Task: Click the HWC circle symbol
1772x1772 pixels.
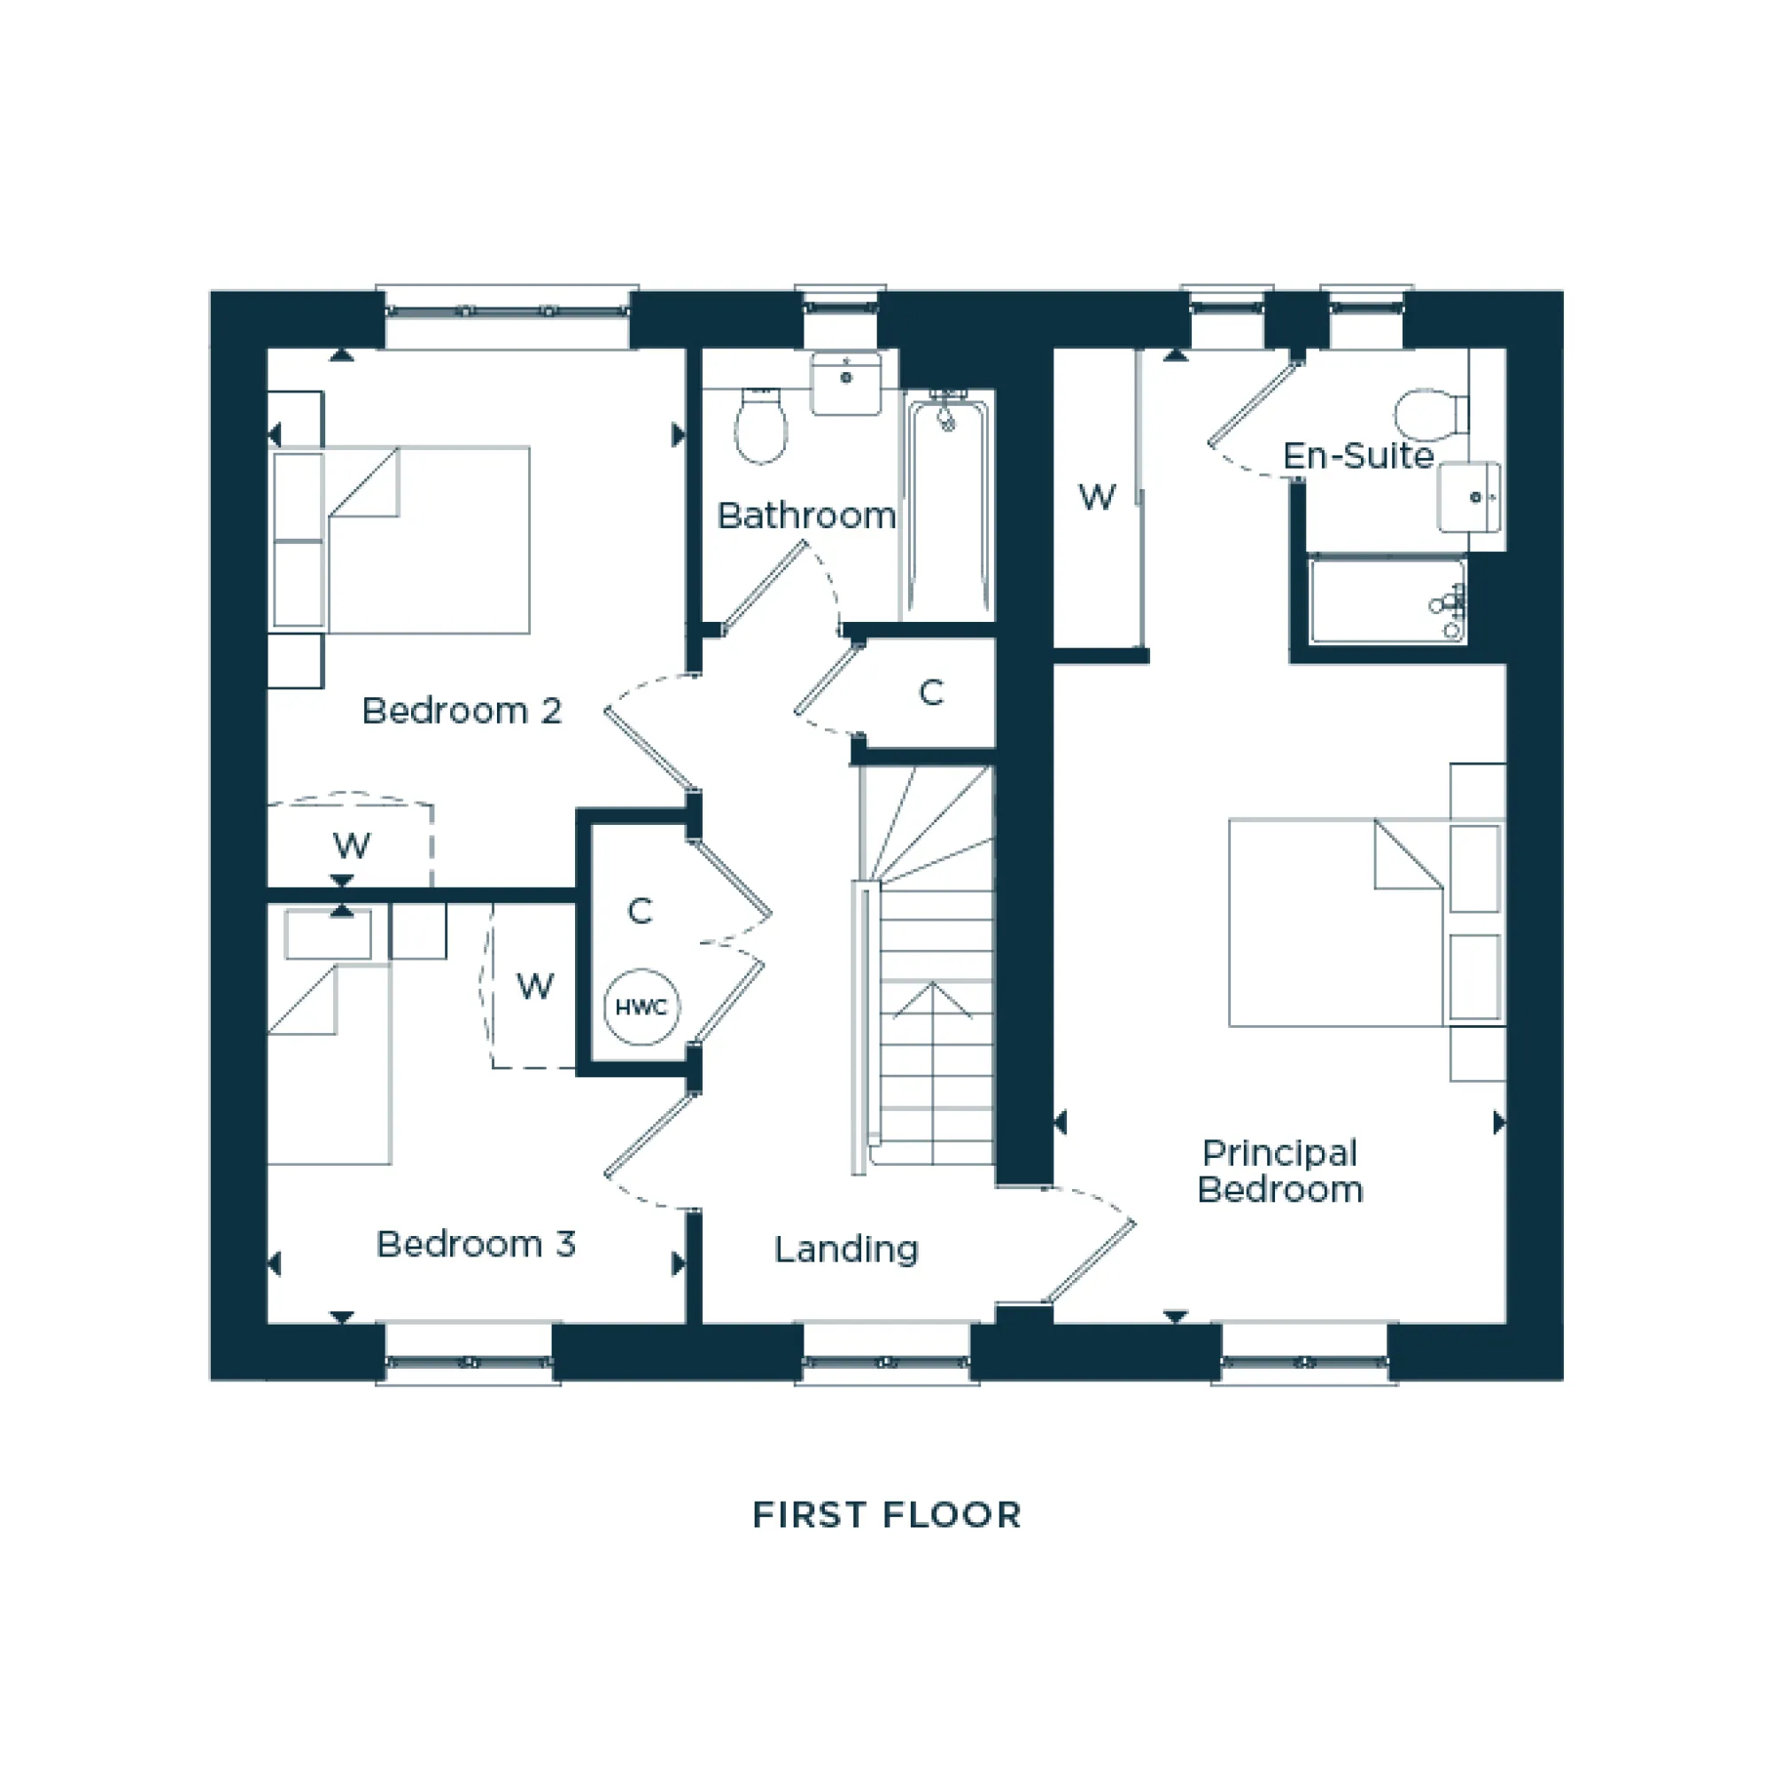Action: tap(641, 1007)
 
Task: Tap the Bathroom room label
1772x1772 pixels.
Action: tap(805, 516)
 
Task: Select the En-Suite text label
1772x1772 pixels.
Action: tap(1357, 455)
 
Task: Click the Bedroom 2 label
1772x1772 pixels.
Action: tap(462, 711)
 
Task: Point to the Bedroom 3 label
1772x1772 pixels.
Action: tap(475, 1245)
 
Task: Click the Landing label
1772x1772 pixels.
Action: tap(845, 1249)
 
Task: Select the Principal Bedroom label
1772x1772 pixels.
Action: tap(1279, 1171)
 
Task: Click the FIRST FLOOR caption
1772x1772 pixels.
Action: tap(886, 1515)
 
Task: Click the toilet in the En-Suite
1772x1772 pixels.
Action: tap(1429, 415)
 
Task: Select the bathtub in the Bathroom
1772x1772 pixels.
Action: tap(948, 509)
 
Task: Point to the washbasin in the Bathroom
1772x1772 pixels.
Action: tap(845, 383)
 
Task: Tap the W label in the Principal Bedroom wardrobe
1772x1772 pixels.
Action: tap(1097, 497)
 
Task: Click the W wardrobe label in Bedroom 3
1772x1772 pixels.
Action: tap(535, 987)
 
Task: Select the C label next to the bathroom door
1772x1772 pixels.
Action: tap(931, 693)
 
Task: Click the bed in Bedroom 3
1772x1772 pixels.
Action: tap(329, 1064)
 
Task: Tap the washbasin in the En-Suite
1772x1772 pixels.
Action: tap(1469, 497)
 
